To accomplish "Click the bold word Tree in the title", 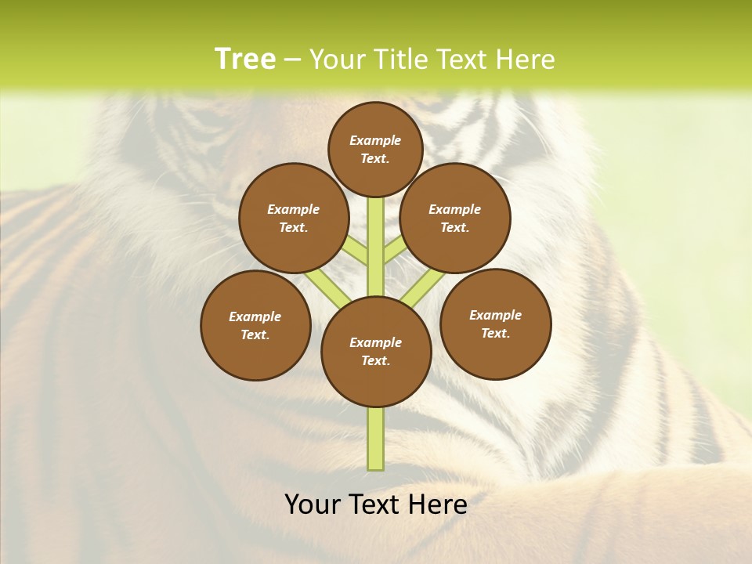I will click(245, 60).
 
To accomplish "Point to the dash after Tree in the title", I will click(293, 60).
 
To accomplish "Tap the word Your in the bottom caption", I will click(313, 504).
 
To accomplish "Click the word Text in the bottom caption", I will click(375, 504).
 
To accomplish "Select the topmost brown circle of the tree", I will click(375, 149).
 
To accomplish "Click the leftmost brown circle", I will click(255, 325).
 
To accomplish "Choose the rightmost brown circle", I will click(495, 324).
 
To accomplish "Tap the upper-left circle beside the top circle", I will click(294, 218).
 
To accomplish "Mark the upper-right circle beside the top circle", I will click(455, 218).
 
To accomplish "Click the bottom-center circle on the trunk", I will click(376, 352).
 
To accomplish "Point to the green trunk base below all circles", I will click(376, 439).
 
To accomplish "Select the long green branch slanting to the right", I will click(423, 286).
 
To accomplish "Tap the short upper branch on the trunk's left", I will click(356, 251).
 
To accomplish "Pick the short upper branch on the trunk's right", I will click(394, 250).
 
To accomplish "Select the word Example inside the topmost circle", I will click(375, 140).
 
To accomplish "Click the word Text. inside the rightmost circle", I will click(495, 333).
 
